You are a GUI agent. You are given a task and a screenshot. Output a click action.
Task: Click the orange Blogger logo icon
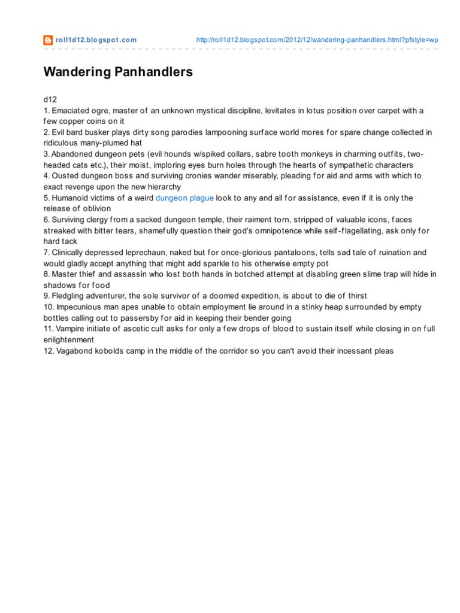coord(48,40)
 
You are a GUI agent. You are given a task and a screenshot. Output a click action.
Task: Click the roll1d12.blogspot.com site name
coord(96,40)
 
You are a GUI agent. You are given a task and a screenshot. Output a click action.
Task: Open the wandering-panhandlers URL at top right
coord(317,40)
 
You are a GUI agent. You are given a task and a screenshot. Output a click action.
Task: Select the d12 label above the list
coord(50,99)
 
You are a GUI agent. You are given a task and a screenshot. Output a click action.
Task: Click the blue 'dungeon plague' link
coord(184,198)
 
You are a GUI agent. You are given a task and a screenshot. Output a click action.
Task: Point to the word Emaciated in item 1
coord(72,111)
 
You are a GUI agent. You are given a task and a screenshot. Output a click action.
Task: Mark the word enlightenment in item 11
coord(69,340)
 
